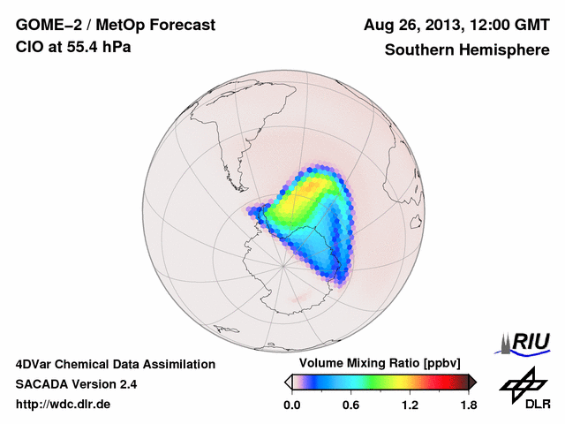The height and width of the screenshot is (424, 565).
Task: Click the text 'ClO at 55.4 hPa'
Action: pos(73,48)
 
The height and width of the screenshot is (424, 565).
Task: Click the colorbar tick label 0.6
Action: pos(350,405)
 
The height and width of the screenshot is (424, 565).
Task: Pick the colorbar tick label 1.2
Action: pos(410,405)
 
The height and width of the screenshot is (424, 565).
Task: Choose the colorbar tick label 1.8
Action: pos(469,405)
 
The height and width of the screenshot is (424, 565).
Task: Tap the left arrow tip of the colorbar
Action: pos(288,382)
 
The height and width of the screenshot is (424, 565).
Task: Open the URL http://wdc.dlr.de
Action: pos(64,405)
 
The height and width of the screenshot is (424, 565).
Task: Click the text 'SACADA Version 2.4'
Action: pos(76,384)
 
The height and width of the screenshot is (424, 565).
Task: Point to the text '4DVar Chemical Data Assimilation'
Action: pos(115,364)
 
